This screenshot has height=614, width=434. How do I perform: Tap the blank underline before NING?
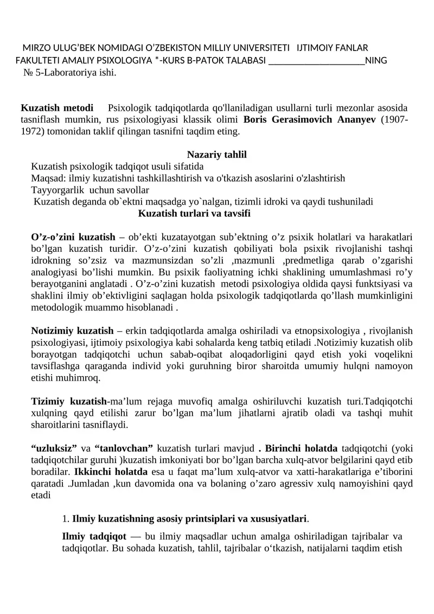pos(316,60)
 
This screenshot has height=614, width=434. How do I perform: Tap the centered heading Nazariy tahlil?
pos(217,155)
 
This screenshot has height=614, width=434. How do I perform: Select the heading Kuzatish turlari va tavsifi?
pos(194,213)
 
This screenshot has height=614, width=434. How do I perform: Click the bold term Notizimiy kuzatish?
pos(72,331)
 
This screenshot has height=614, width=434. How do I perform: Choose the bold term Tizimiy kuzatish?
pos(68,402)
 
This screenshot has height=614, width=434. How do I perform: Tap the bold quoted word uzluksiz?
pos(54,448)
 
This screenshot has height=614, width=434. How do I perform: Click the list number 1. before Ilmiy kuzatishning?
pos(66,518)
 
